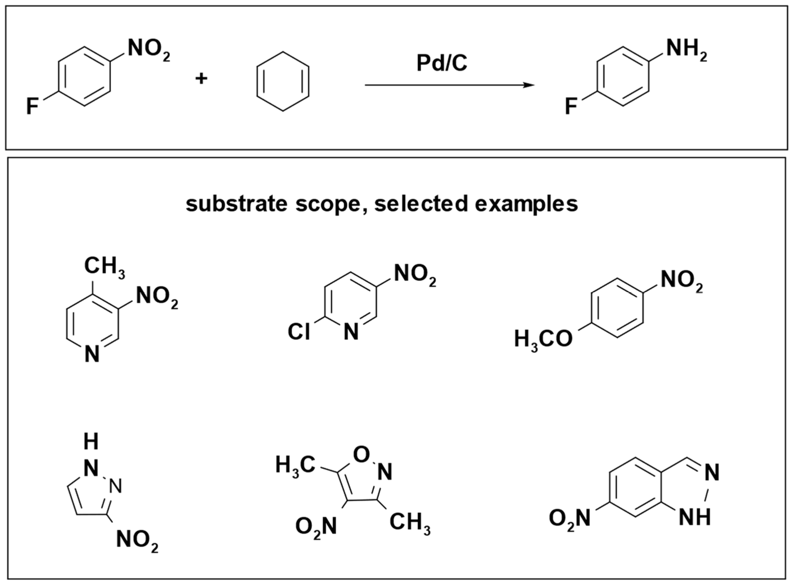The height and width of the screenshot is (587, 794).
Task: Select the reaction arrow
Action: point(450,85)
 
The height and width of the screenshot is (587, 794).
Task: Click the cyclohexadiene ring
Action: point(283,81)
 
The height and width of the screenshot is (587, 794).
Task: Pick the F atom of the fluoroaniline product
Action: point(571,106)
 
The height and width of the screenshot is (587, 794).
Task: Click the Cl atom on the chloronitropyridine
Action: point(299,332)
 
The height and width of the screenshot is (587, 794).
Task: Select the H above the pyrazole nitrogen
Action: point(91,442)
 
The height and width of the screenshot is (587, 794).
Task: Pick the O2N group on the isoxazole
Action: point(316,527)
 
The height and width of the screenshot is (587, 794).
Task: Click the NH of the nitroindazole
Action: point(694,517)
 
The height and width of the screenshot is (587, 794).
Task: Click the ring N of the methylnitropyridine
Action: point(92,354)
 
